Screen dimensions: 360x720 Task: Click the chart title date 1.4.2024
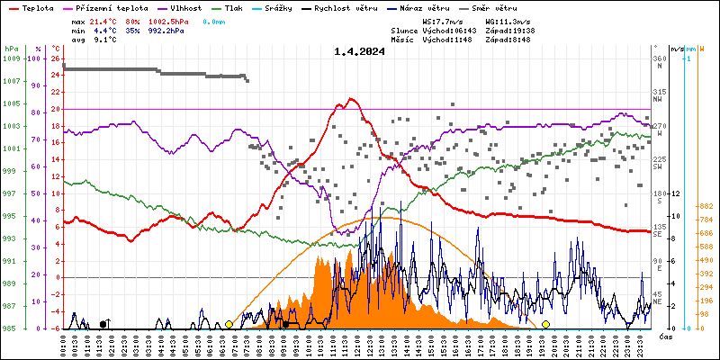359,51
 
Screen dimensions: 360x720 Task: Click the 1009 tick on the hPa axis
11,58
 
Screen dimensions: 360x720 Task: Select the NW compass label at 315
658,96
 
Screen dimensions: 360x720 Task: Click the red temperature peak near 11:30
351,99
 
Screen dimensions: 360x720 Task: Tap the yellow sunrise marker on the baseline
229,324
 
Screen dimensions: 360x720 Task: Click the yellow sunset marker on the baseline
545,324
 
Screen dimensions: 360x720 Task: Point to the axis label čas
666,337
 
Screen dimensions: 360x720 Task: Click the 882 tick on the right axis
705,206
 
